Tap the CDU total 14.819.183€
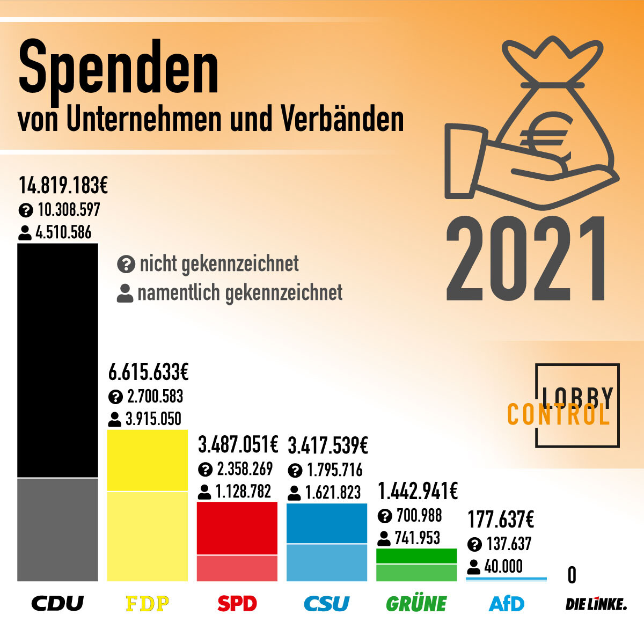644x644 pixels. pos(63,185)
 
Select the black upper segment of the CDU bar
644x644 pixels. pos(58,360)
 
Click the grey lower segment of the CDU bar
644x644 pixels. pos(58,529)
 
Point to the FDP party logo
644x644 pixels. pos(147,604)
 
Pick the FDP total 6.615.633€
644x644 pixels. pos(149,371)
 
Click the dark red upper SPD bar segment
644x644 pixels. pos(237,528)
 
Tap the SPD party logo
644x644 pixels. pos(237,604)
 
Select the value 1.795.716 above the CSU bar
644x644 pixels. pos(334,470)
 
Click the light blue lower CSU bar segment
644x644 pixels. pos(327,562)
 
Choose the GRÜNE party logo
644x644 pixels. pos(416,604)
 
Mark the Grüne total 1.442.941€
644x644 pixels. pos(418,491)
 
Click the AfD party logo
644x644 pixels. pos(507,604)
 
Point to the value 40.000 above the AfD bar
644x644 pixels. pos(503,566)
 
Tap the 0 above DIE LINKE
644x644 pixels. pos(572,575)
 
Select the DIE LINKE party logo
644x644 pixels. pos(596,604)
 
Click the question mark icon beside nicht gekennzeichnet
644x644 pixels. pos(125,264)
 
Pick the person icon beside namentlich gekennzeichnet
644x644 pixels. pos(125,294)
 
